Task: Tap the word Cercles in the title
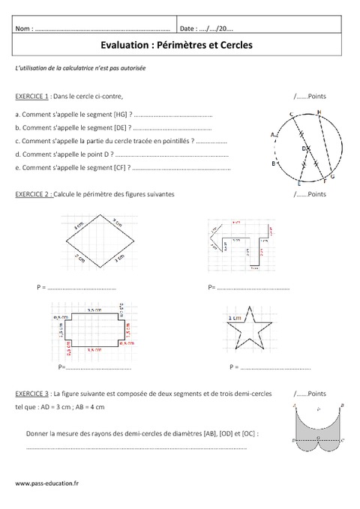(234, 45)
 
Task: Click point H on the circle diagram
(319, 113)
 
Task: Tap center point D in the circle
(304, 149)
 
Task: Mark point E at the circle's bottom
(299, 182)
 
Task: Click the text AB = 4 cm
(90, 407)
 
